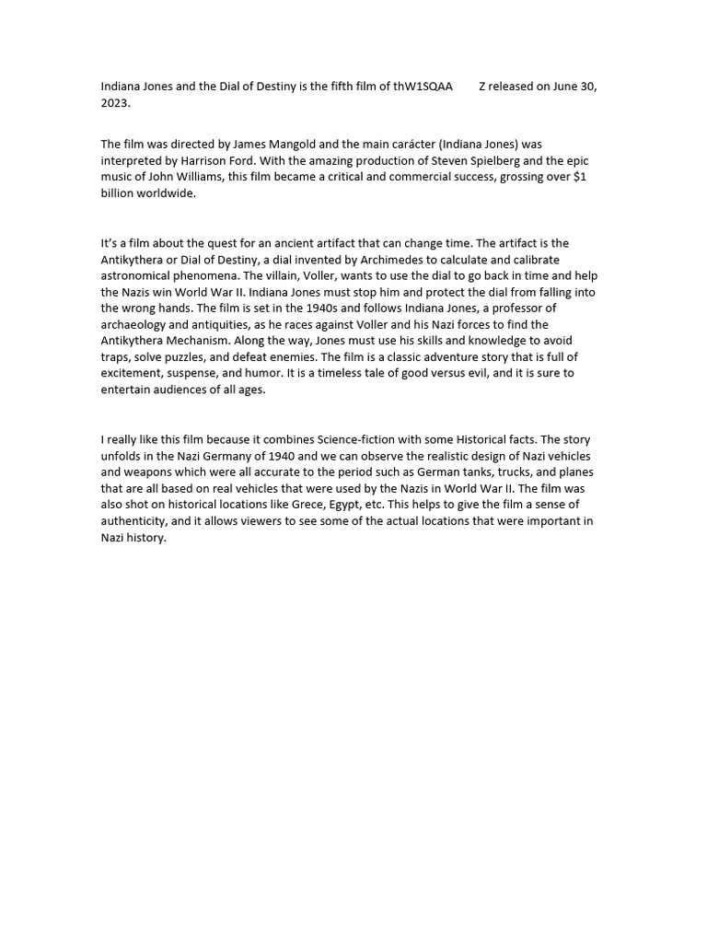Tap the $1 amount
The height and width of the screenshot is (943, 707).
pyautogui.click(x=579, y=178)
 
